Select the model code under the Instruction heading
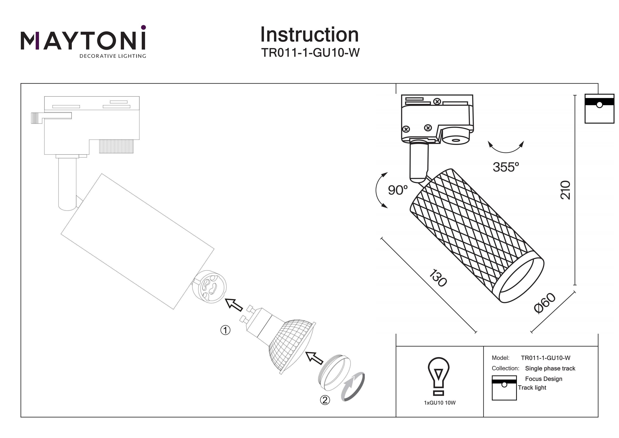[310, 53]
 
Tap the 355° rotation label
[506, 167]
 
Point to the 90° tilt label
[397, 190]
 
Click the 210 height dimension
[565, 190]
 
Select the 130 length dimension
[438, 278]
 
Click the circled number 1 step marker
[225, 330]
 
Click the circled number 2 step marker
[325, 400]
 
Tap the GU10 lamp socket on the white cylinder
[209, 287]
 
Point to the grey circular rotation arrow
[353, 386]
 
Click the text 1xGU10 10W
[439, 403]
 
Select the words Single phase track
[550, 368]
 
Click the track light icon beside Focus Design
[504, 388]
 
